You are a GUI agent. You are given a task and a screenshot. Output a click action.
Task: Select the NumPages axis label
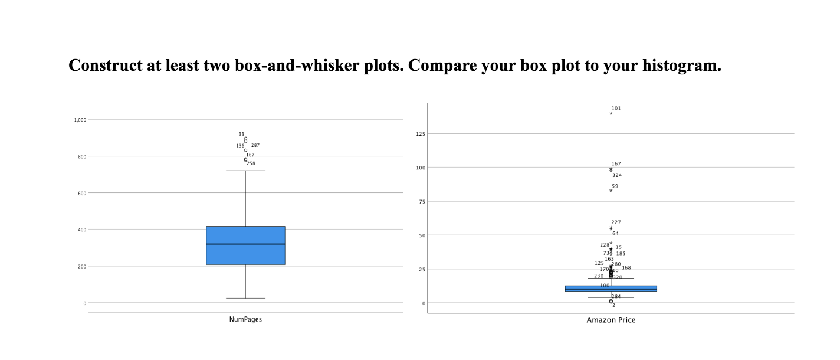coord(245,319)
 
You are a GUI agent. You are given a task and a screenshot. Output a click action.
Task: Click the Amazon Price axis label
coord(611,320)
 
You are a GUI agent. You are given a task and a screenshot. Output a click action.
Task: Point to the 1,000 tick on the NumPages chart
coord(80,120)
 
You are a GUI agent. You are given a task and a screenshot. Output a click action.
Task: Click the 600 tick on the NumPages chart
coord(81,193)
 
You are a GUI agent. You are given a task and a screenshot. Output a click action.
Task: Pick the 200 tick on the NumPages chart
coord(81,266)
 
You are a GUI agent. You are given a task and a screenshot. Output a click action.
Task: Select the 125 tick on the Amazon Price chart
coord(421,135)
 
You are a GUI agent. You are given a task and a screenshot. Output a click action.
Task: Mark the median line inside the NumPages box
coord(245,244)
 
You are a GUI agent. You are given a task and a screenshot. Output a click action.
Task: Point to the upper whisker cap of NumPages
coord(245,171)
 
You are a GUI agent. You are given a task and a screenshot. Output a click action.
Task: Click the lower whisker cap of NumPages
coord(245,298)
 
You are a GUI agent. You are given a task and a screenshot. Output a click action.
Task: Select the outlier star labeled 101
coord(611,113)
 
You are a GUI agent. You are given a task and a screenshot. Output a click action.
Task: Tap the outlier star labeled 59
coord(611,191)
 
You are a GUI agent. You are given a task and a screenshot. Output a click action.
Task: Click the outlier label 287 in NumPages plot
coord(255,145)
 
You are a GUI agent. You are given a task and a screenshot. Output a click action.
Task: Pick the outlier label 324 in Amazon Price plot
coord(617,175)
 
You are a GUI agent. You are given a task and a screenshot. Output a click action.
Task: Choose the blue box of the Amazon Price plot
coord(611,289)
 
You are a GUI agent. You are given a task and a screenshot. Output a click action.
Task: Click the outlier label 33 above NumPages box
coord(241,135)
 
